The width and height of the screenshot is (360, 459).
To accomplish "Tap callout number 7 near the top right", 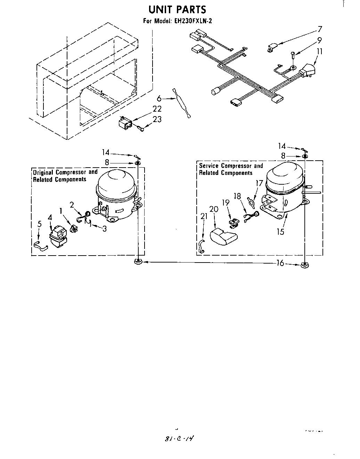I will click(320, 29).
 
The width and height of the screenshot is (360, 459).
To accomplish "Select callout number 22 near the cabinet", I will click(157, 109).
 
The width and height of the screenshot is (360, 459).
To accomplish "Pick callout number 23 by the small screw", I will click(157, 119).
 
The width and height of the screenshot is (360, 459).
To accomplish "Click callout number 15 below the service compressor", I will click(280, 231).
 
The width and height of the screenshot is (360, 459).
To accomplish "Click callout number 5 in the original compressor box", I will click(39, 224).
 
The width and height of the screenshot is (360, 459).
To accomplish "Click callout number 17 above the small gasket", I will click(259, 183).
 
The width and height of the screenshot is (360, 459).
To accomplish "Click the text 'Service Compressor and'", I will click(231, 166).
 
